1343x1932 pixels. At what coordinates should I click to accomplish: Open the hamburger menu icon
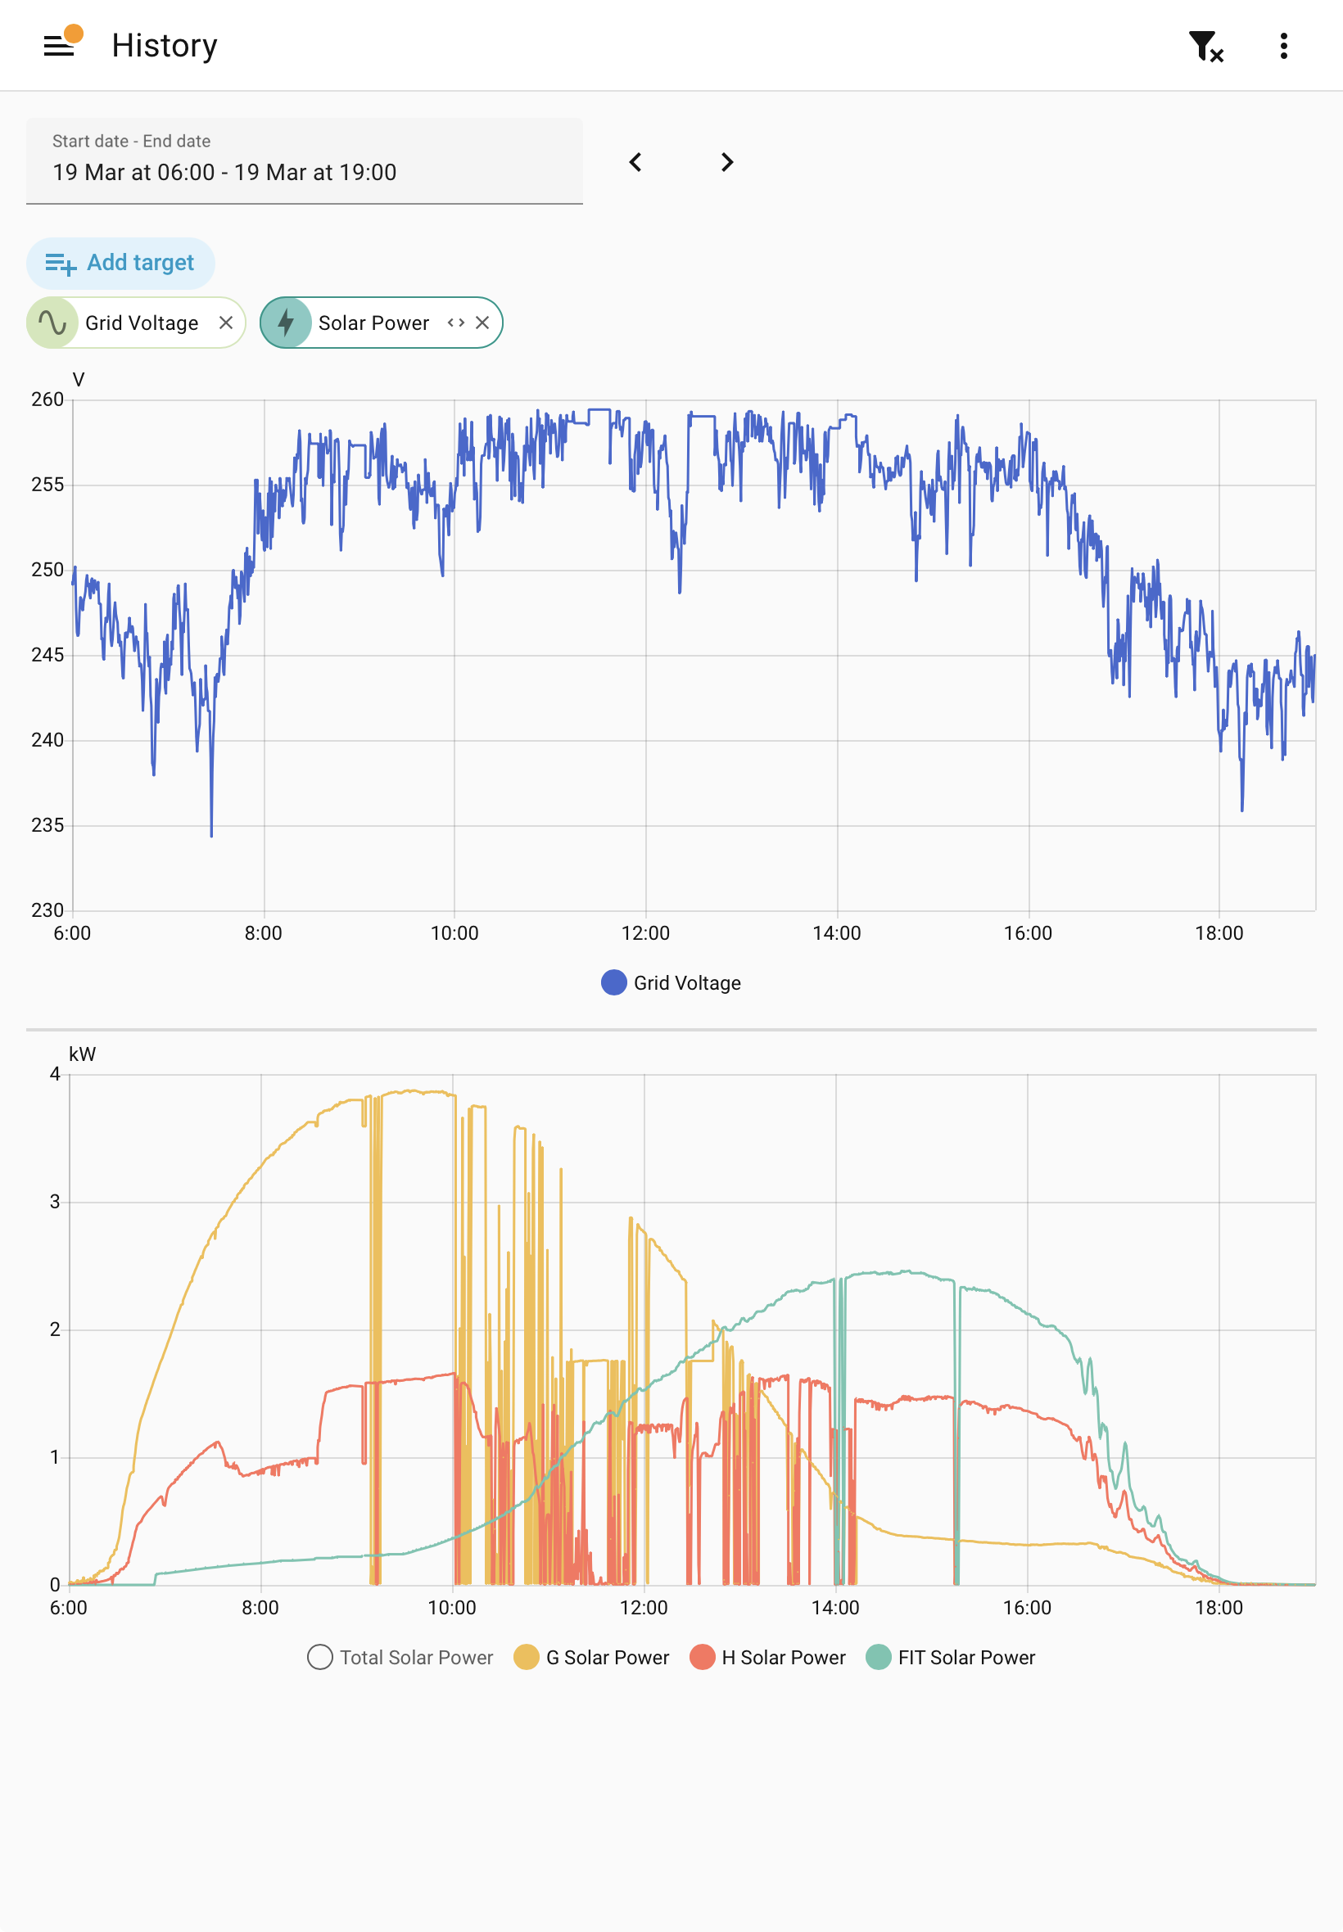(59, 45)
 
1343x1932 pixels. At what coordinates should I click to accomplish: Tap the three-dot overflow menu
(1283, 45)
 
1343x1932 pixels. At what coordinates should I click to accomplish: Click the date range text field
(305, 160)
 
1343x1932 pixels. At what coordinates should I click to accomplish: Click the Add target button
(120, 264)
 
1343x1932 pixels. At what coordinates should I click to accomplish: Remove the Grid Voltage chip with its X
(225, 323)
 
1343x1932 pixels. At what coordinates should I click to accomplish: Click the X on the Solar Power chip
(482, 323)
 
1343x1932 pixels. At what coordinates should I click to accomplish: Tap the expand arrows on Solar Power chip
(456, 323)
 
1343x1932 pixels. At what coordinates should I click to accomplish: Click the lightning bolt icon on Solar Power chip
(286, 323)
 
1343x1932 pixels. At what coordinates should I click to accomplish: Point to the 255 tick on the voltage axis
(47, 485)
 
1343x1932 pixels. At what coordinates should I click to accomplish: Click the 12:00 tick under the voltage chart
(645, 933)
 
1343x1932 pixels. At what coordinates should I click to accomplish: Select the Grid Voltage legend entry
(671, 983)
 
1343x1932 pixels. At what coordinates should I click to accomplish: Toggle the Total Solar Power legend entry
(400, 1658)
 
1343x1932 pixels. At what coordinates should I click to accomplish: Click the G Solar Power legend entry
(591, 1658)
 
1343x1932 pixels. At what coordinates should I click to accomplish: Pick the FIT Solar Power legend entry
(951, 1658)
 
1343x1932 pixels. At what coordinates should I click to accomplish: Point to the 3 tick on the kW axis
(55, 1202)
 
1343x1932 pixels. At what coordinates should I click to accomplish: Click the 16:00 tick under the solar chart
(1027, 1608)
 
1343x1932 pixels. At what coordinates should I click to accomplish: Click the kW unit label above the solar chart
(83, 1054)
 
